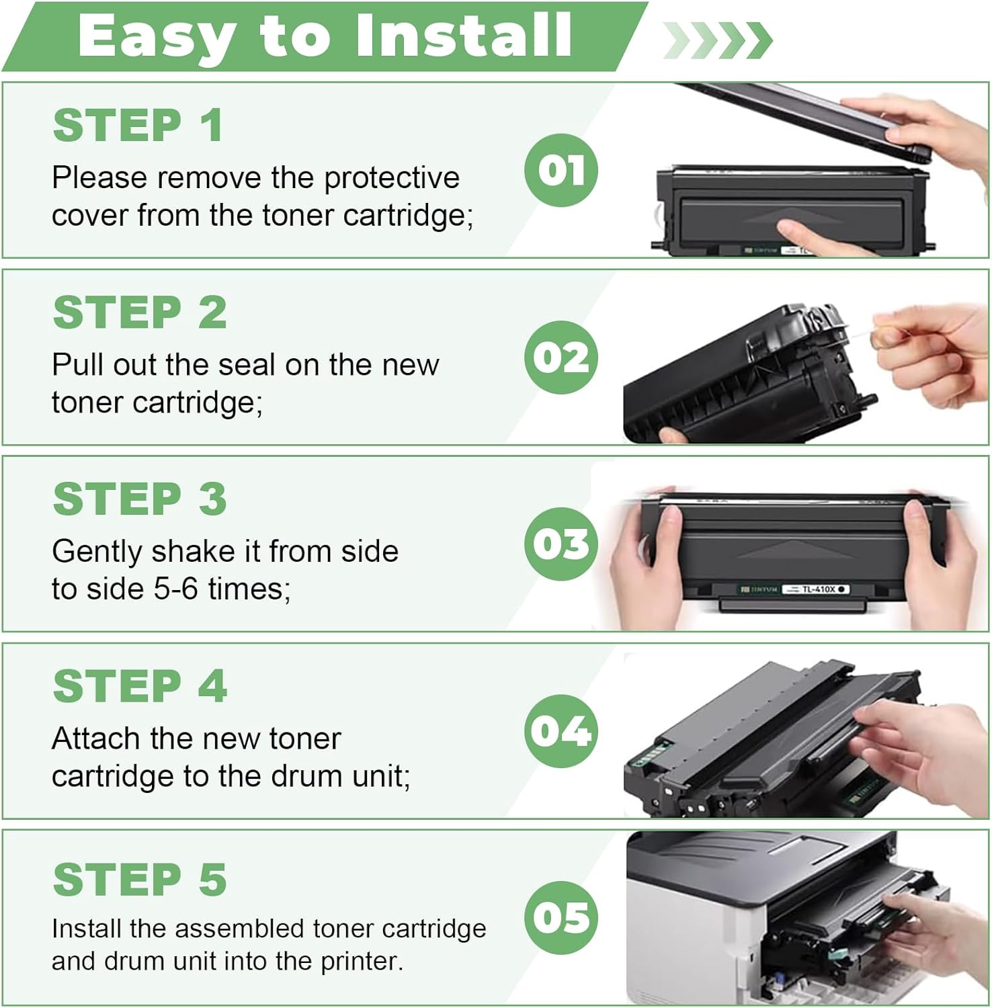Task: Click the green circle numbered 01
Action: point(561,170)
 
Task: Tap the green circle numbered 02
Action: point(561,357)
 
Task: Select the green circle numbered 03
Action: point(561,544)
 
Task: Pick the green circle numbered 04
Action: point(561,730)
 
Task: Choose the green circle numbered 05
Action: point(561,917)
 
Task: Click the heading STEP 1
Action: point(138,125)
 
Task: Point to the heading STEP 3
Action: point(140,499)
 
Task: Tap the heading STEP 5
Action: point(140,879)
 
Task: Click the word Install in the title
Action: point(463,35)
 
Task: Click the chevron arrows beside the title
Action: point(717,40)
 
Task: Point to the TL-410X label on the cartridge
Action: point(818,589)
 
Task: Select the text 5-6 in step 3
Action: point(175,589)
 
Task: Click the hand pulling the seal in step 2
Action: point(926,353)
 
